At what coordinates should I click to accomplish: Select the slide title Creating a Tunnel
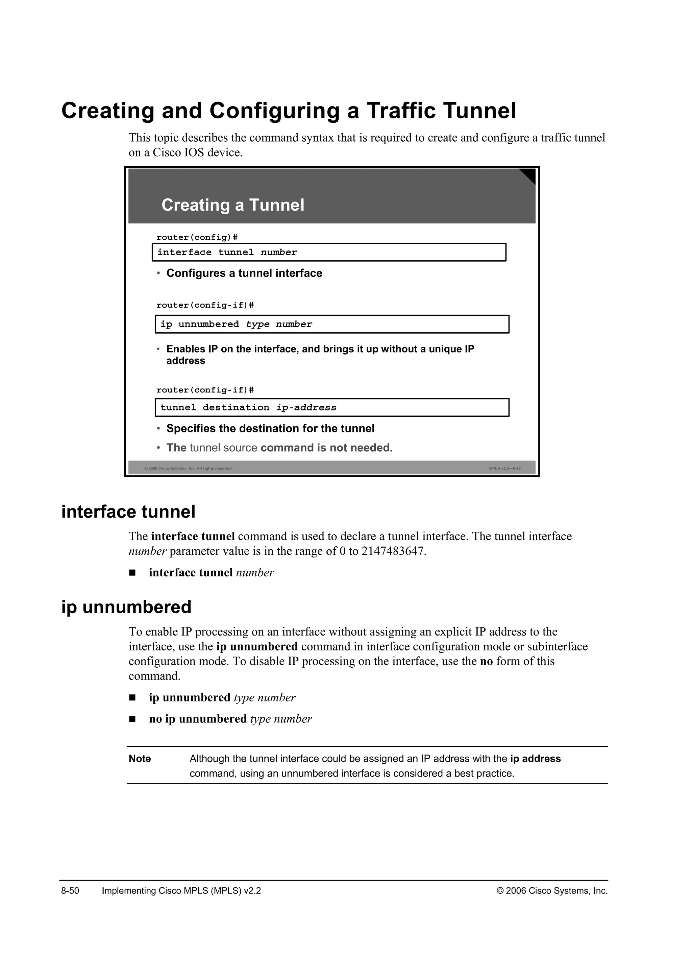(x=233, y=205)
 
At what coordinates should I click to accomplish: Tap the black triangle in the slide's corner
(x=529, y=174)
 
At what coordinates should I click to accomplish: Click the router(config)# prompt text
(x=197, y=237)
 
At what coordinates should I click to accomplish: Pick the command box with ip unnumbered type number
(x=331, y=324)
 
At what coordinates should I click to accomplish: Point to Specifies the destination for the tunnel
(x=270, y=429)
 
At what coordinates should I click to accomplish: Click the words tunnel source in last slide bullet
(x=223, y=448)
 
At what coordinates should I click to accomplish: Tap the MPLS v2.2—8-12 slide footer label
(x=504, y=469)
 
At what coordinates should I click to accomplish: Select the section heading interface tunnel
(x=128, y=512)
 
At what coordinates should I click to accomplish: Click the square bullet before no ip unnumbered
(x=132, y=719)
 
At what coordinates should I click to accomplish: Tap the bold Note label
(x=140, y=759)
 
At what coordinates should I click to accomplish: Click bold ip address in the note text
(x=535, y=759)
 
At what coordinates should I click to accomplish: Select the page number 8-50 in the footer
(x=70, y=891)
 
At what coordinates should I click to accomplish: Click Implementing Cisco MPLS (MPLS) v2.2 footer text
(x=181, y=891)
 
